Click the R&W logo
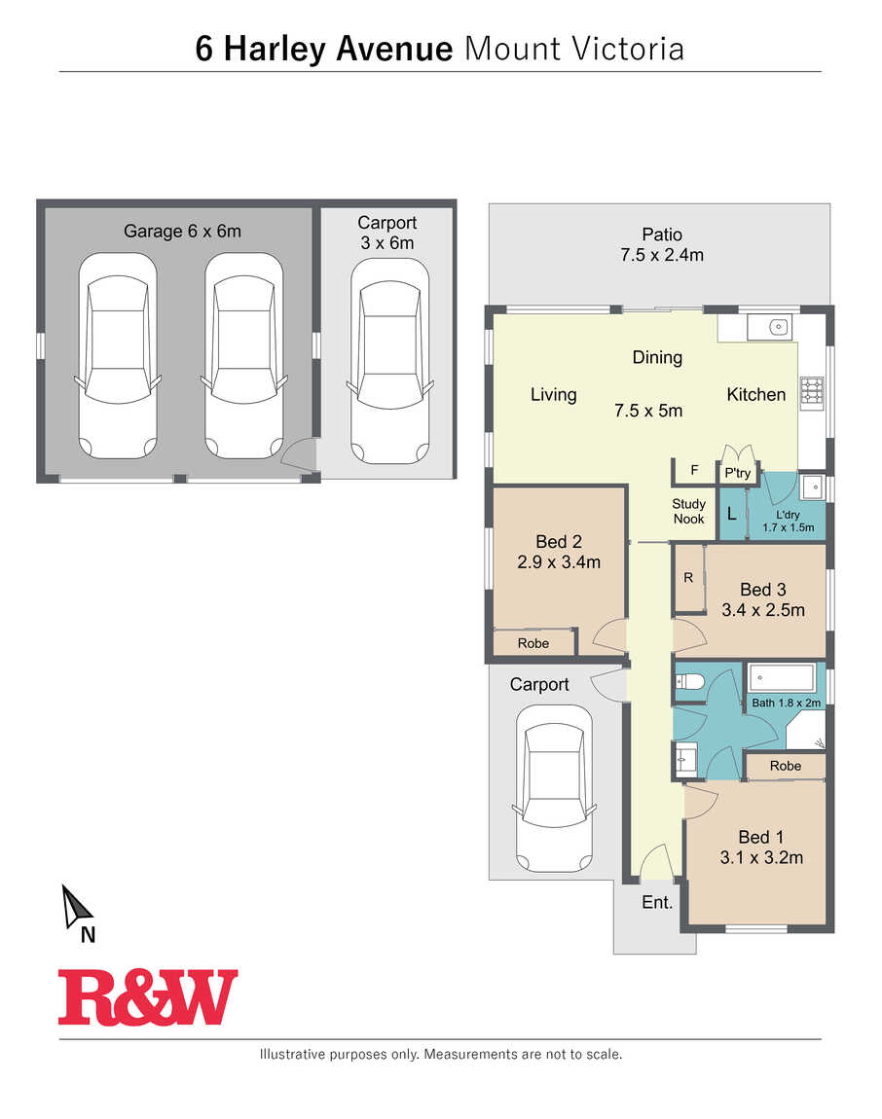(x=148, y=996)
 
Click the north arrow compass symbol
(x=76, y=908)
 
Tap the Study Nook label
(x=688, y=511)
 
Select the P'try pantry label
(x=738, y=473)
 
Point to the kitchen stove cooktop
(x=811, y=392)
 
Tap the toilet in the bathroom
(x=689, y=681)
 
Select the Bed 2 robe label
(x=533, y=643)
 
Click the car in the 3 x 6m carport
(x=390, y=361)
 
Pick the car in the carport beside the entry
(x=554, y=788)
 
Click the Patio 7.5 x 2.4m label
(x=662, y=245)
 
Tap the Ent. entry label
(x=657, y=902)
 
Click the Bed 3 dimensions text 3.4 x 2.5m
(x=763, y=610)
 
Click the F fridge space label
(x=694, y=470)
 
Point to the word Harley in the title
(x=275, y=50)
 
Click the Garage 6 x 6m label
(x=182, y=232)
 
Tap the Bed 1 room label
(x=761, y=837)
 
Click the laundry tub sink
(x=813, y=487)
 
